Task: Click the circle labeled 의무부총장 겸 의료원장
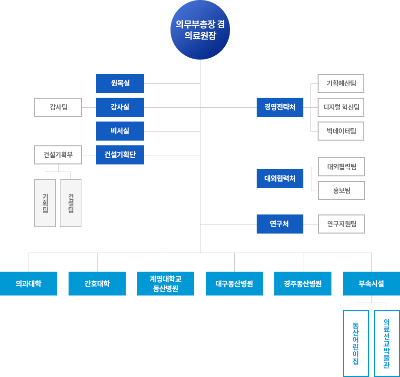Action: tap(200, 30)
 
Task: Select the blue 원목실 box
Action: tap(120, 83)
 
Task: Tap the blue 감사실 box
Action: tap(120, 107)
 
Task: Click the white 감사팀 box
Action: tap(58, 107)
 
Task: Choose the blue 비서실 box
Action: tap(120, 131)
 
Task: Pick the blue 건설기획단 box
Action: tap(120, 155)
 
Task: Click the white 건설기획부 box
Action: tap(58, 155)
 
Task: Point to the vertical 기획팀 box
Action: tap(45, 203)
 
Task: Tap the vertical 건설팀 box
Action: tap(70, 203)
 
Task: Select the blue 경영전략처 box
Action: tap(280, 107)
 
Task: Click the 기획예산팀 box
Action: tap(341, 83)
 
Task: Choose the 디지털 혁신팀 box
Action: tap(341, 107)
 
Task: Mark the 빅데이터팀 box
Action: tap(341, 131)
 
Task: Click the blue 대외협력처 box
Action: tap(280, 179)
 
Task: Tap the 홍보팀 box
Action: tap(341, 191)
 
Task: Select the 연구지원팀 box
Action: tap(341, 224)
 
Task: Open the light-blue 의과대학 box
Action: tap(29, 284)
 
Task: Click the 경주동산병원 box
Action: tap(303, 284)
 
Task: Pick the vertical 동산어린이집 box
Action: tap(356, 344)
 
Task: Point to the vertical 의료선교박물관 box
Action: tap(387, 344)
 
